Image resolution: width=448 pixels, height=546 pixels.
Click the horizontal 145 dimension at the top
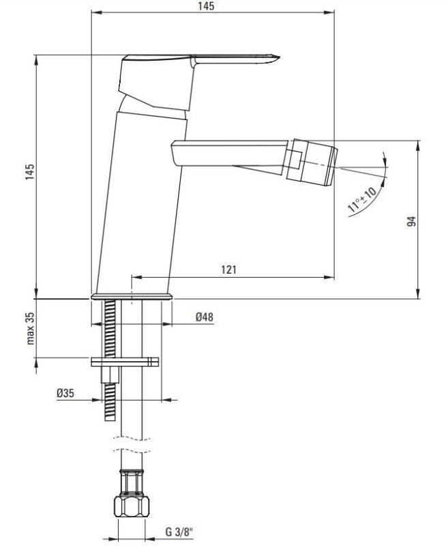(x=207, y=6)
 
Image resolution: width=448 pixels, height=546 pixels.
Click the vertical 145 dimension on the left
(x=30, y=172)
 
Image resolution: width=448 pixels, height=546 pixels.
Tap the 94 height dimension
(x=411, y=221)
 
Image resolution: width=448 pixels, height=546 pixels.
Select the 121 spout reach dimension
(x=228, y=270)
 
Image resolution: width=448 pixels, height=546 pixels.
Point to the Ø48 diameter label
(x=204, y=317)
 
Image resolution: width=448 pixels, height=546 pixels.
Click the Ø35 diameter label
(x=65, y=393)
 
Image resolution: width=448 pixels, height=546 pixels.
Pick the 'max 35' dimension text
(x=31, y=328)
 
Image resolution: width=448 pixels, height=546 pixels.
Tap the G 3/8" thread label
(x=179, y=532)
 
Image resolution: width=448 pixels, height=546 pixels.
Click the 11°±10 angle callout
(x=361, y=199)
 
